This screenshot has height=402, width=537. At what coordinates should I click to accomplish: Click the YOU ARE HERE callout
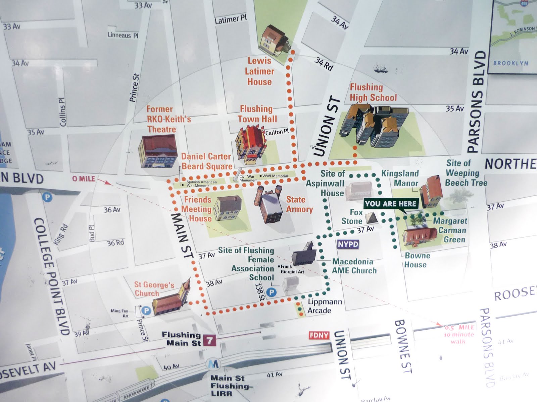pos(390,204)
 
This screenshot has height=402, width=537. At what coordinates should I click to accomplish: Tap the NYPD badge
pos(348,244)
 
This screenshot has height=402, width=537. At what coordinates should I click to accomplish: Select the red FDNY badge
pos(319,335)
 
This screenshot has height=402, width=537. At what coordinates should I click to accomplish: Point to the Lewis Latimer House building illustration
pos(274,40)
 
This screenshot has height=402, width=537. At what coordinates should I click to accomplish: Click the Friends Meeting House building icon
pos(228,208)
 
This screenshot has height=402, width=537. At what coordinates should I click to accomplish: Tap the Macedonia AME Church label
pos(354,266)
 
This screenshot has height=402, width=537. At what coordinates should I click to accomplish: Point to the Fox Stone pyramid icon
pos(371,218)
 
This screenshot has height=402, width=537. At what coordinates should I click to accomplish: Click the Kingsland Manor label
pos(400,178)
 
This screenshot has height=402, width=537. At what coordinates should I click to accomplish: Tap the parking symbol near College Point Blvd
pos(47,197)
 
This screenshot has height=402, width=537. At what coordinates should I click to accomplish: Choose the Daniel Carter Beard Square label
pos(206,161)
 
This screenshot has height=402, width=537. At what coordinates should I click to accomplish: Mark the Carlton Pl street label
pos(277,132)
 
